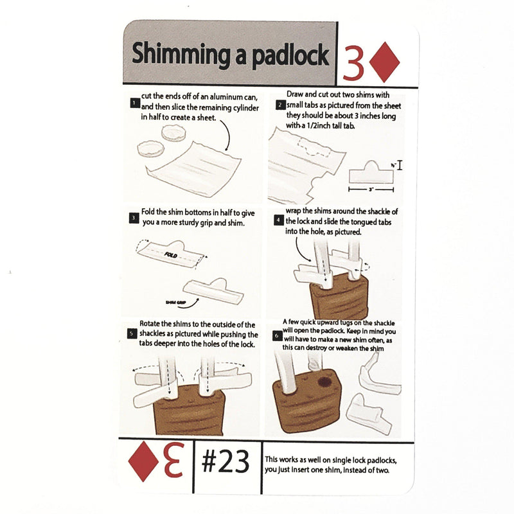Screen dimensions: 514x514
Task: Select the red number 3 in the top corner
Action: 354,62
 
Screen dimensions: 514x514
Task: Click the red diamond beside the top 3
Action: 385,62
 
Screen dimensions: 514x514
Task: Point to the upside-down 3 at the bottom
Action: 173,460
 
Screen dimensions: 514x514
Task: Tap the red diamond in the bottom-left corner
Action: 143,460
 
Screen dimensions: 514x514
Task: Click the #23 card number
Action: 225,461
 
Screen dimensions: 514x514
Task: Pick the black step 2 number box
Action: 280,105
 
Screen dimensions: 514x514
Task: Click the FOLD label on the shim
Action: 170,255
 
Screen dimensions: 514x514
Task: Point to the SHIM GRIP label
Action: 172,301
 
